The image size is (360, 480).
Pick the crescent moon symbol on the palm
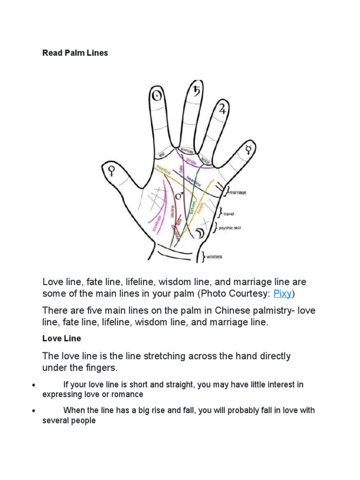(200, 233)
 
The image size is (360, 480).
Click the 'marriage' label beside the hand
(237, 192)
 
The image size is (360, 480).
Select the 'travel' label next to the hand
(229, 214)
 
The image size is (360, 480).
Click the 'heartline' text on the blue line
(193, 180)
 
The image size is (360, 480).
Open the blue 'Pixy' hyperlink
(283, 294)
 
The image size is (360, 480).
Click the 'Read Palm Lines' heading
(75, 53)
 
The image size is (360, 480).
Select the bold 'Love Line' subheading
(61, 338)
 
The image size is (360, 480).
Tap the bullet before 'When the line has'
(33, 411)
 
